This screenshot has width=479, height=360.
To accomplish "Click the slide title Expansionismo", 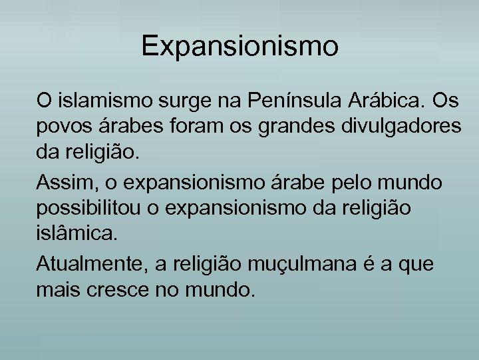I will pyautogui.click(x=240, y=47).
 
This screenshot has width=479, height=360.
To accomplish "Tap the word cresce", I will pyautogui.click(x=132, y=290).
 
